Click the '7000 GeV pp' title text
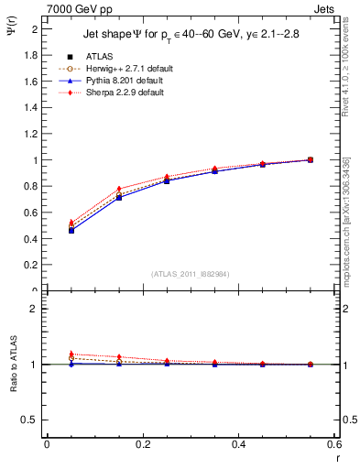78,8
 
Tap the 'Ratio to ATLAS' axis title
12,367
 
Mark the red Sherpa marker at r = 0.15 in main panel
119,190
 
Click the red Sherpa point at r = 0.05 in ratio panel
71,354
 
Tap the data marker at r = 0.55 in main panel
311,159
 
